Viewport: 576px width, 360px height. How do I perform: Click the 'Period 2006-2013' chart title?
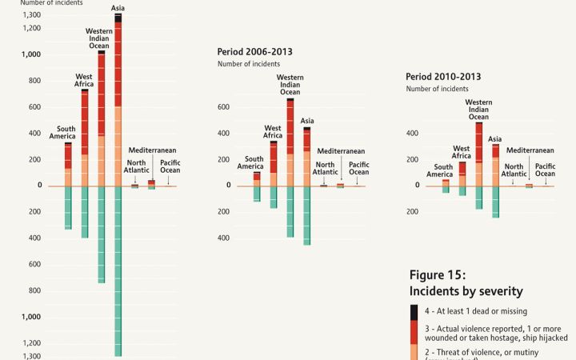point(254,51)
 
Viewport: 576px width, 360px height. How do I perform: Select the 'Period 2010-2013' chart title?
point(443,76)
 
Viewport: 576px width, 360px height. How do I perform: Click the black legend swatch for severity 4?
point(414,311)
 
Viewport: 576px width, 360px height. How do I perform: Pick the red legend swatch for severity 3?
point(414,331)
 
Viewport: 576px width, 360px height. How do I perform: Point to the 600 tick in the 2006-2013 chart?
point(224,107)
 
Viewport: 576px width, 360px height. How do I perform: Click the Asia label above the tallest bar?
point(118,8)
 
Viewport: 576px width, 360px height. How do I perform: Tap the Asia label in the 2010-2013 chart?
point(494,138)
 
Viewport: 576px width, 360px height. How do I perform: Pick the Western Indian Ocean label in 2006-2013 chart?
point(290,84)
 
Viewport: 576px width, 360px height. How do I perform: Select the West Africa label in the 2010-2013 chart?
point(462,152)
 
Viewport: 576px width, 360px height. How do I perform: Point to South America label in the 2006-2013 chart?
point(254,163)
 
